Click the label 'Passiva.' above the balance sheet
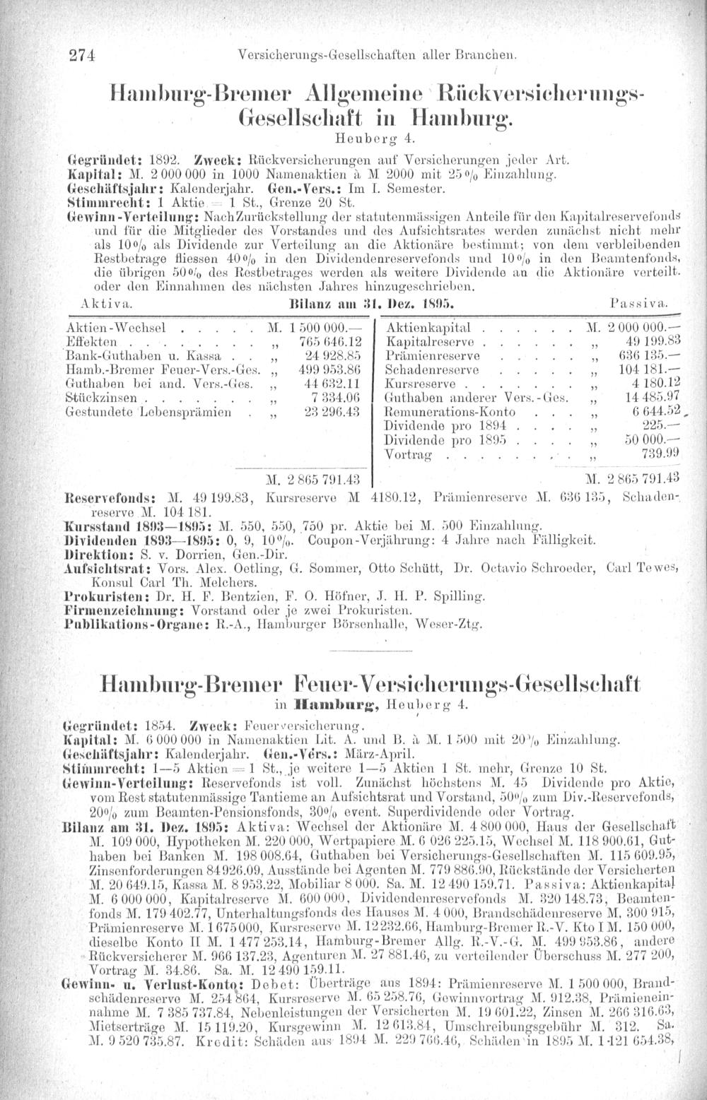tap(638, 302)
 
